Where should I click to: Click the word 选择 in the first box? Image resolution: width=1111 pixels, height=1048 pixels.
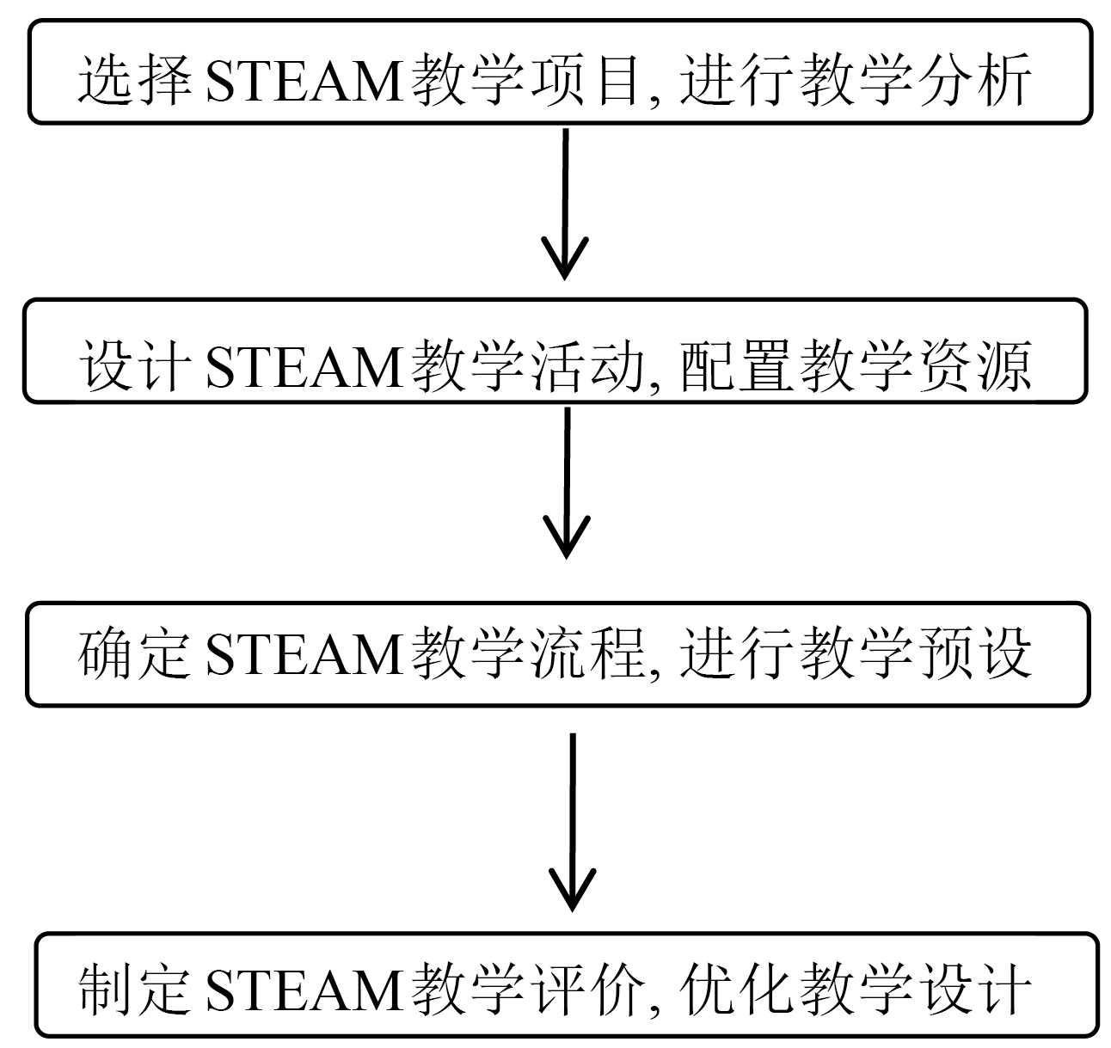tap(134, 81)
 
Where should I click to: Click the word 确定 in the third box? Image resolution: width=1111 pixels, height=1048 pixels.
tap(134, 653)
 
